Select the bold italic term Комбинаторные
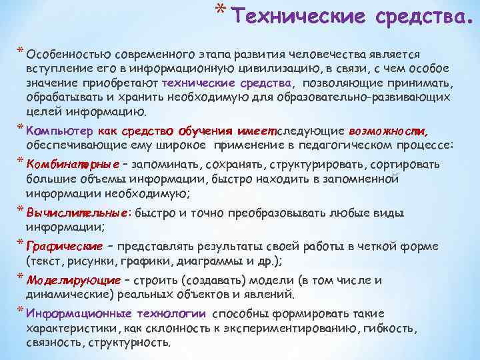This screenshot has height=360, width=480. point(73,164)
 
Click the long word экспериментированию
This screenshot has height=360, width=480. point(290,329)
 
